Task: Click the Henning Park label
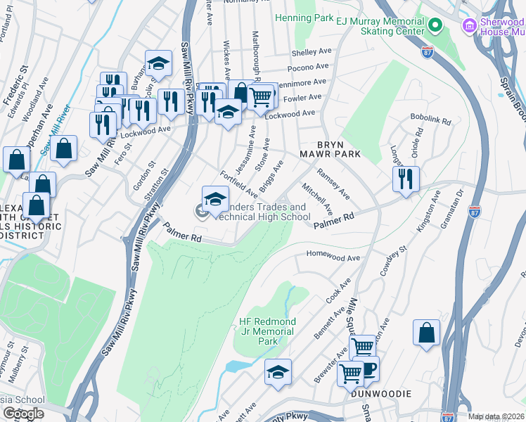(x=304, y=17)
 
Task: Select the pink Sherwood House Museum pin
(x=468, y=26)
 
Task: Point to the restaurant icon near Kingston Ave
(x=406, y=179)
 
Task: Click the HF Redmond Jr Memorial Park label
(x=268, y=331)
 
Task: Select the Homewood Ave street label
(x=333, y=258)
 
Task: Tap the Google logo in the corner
(x=23, y=413)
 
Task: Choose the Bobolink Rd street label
(x=431, y=120)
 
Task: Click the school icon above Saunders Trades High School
(x=215, y=198)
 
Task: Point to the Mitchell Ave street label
(x=317, y=199)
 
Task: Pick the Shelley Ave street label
(x=311, y=53)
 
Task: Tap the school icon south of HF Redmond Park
(x=278, y=372)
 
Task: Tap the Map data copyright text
(x=495, y=416)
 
